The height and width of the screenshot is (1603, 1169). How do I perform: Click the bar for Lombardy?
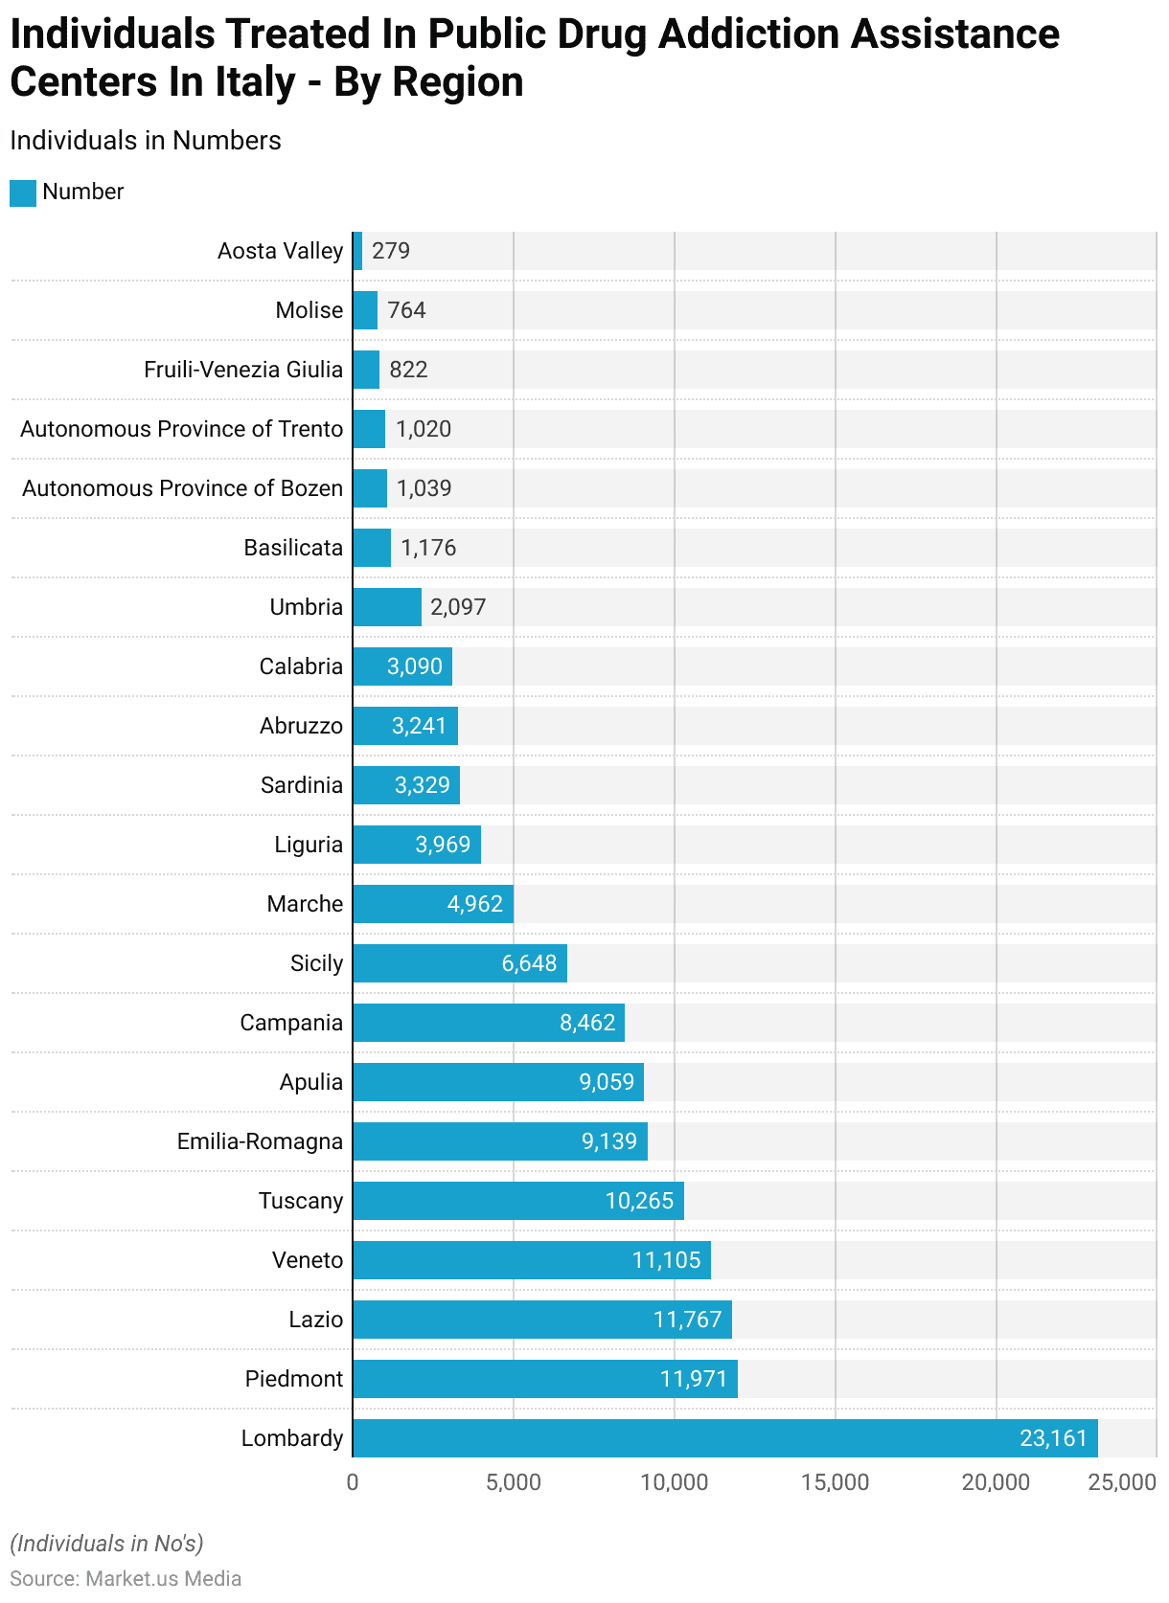724,1438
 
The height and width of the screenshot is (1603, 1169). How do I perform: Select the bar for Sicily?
460,963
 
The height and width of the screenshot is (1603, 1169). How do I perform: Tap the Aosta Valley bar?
357,251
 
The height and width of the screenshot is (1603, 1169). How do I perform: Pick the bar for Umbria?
387,607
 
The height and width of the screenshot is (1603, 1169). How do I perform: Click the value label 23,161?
1053,1438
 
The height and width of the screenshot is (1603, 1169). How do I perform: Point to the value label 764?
406,310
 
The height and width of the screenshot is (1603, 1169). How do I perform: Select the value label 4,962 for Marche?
474,904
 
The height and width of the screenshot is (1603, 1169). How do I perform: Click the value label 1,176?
428,548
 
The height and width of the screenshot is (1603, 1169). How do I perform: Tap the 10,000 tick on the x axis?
675,1482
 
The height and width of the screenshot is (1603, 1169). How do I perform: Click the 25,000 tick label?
1122,1482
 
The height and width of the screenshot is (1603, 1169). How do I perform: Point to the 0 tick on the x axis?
353,1482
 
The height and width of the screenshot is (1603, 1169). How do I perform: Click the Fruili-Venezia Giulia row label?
243,370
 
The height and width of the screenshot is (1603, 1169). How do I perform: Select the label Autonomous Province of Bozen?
182,488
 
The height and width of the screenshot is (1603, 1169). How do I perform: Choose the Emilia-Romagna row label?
260,1141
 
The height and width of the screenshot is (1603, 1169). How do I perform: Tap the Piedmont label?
293,1379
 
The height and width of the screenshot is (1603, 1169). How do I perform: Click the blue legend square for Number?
23,192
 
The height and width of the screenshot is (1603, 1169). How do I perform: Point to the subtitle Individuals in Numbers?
146,141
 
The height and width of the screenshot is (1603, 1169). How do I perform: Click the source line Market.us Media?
126,1578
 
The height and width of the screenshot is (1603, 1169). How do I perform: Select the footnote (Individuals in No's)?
106,1544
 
